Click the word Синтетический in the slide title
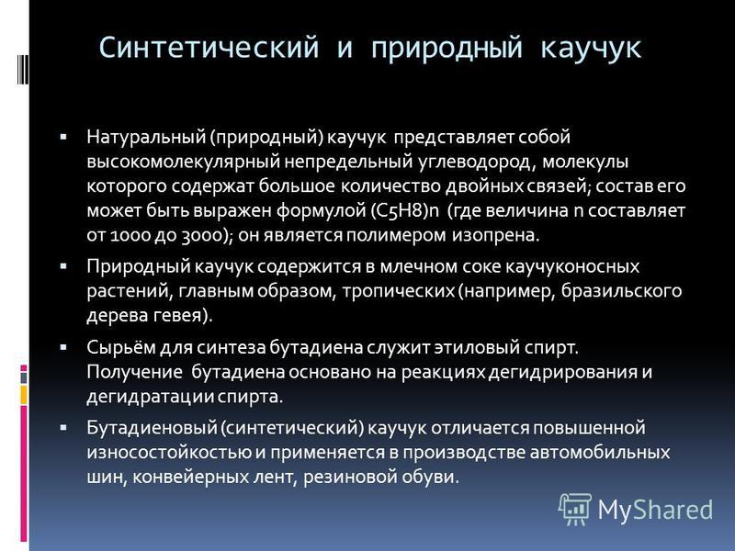(x=209, y=48)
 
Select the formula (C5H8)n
(x=405, y=210)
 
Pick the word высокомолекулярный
(x=183, y=162)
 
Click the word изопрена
(x=495, y=235)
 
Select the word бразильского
(x=622, y=291)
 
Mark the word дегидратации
(x=150, y=397)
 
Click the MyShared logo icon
(x=574, y=509)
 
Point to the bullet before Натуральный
(x=63, y=137)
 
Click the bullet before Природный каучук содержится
(x=63, y=266)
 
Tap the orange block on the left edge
(x=24, y=395)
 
